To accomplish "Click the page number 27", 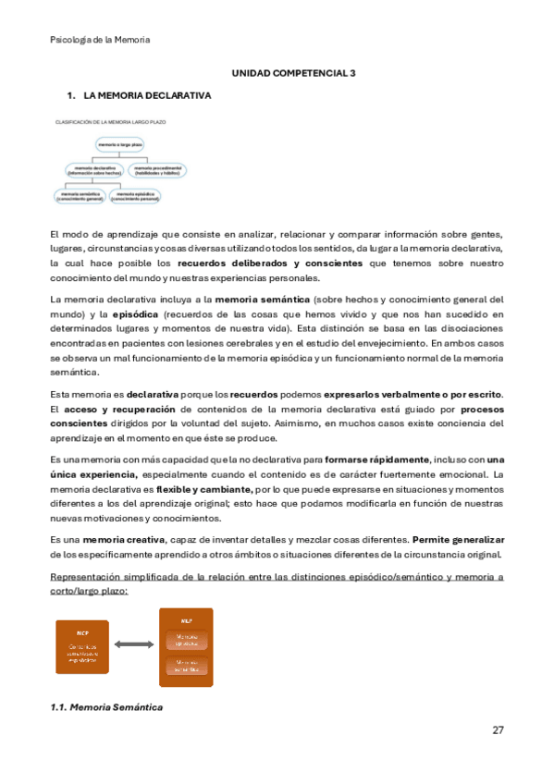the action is (498, 729).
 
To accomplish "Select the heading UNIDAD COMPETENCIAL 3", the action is (292, 71).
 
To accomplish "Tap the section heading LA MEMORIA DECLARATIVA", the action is (147, 95).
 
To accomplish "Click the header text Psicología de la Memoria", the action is (99, 40).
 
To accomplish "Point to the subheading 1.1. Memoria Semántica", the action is (106, 707).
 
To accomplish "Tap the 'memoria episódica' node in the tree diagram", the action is (133, 195).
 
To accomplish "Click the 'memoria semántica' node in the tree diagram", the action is (79, 195).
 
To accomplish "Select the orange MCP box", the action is (81, 645).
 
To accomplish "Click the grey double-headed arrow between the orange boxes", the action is (134, 644).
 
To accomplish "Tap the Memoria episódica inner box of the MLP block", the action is (186, 640).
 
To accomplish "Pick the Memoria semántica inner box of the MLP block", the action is (186, 667).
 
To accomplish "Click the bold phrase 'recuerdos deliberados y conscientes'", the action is (271, 263).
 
